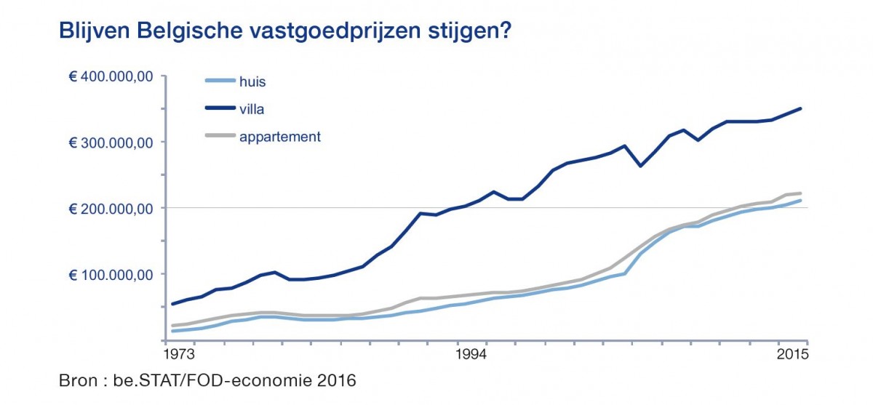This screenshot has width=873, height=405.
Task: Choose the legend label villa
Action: click(251, 109)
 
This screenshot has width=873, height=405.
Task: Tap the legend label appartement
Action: click(280, 136)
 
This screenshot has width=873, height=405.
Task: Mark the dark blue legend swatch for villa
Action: click(217, 109)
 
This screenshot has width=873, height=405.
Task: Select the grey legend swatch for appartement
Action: click(217, 135)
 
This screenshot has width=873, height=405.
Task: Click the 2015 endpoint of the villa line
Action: click(801, 108)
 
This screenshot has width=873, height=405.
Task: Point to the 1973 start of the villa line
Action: click(172, 304)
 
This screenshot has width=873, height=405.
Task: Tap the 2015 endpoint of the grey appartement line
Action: click(801, 193)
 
